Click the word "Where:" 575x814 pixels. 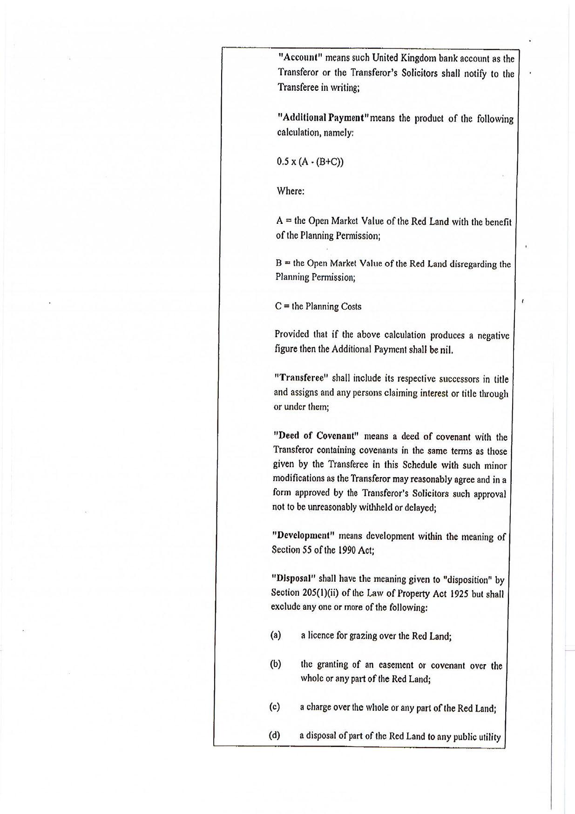tap(291, 191)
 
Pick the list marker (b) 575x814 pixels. tap(276, 664)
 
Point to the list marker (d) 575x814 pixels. tap(275, 735)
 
